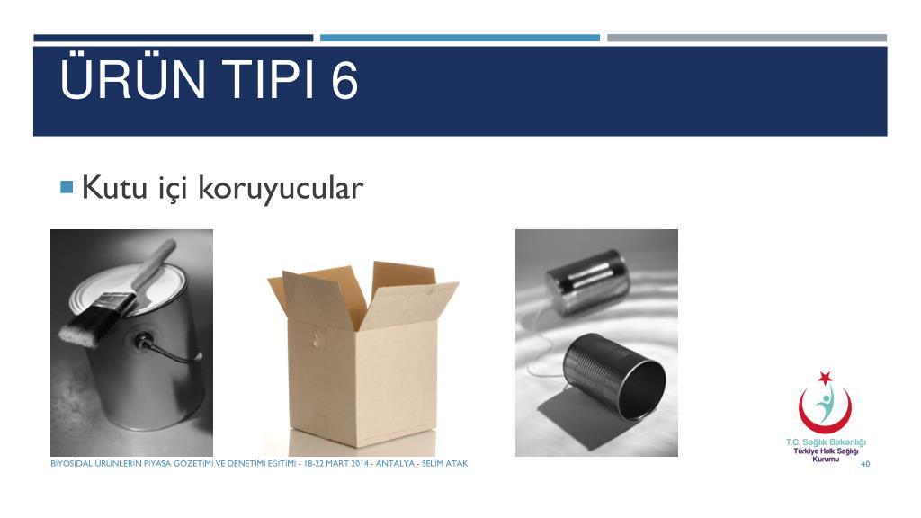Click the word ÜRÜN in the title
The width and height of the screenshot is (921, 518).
tap(133, 78)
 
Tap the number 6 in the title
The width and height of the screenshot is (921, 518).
tap(344, 80)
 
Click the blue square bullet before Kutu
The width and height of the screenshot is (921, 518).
tap(67, 187)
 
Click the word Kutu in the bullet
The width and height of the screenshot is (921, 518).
tap(114, 187)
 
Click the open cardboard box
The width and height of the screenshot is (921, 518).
tap(362, 353)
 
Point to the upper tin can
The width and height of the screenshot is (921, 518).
tap(587, 281)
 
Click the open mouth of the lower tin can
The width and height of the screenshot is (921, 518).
tap(642, 388)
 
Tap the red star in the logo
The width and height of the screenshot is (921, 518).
tap(826, 378)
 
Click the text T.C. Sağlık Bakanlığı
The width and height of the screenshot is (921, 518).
tap(826, 442)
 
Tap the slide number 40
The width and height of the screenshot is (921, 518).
tap(864, 464)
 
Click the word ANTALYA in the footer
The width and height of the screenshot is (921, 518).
tap(395, 463)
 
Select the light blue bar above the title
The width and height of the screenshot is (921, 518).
tap(460, 38)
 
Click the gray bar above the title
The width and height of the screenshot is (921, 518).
tap(747, 38)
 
